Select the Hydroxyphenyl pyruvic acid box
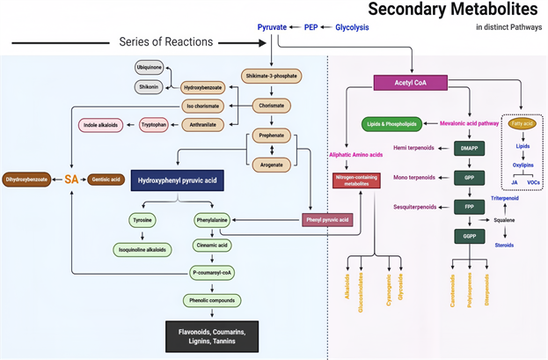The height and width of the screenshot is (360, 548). point(174,180)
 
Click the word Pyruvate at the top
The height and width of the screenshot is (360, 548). point(273,27)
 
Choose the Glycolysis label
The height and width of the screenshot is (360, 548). point(352,27)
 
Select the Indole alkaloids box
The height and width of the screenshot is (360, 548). point(101,124)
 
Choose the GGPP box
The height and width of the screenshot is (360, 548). point(470,236)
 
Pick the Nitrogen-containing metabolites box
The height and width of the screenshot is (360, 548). point(356,180)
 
